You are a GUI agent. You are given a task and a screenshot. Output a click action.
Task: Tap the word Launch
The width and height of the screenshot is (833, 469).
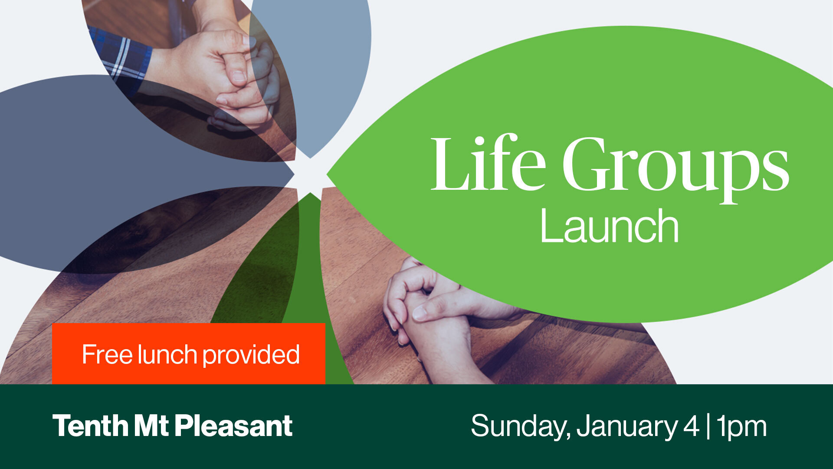point(609,226)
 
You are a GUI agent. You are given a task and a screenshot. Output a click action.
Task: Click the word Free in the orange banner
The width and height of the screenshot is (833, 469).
point(107,354)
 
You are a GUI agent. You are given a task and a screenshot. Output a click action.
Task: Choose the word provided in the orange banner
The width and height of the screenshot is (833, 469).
point(251,355)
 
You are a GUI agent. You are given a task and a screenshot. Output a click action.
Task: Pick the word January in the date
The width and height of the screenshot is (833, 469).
point(626,427)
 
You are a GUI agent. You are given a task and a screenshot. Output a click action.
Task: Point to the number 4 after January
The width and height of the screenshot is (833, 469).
point(691,426)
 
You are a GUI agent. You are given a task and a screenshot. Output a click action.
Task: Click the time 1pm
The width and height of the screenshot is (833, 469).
point(741,427)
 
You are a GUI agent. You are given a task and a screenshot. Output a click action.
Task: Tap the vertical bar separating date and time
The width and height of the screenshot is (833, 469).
point(708,426)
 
